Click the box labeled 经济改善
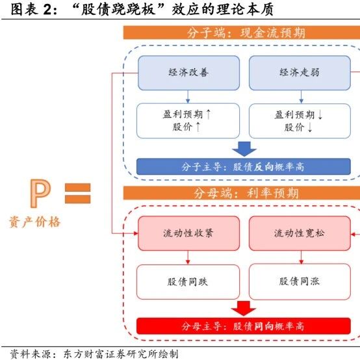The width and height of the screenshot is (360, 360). pos(188,73)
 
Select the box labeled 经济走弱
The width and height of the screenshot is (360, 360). pos(300,73)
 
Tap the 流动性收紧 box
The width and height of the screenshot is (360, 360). pos(188,233)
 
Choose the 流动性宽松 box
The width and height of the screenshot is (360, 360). pos(300,233)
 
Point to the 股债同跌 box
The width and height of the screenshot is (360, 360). pos(188,282)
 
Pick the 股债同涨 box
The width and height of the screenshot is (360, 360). pos(300,282)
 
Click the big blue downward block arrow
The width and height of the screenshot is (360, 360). pos(244,149)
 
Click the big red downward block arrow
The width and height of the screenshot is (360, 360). pos(244,309)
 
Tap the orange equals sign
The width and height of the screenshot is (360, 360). pos(77,193)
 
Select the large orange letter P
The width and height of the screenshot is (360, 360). pos(40,193)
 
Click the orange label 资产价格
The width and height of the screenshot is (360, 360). pos(34,222)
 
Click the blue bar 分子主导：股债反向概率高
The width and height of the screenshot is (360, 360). pos(244,167)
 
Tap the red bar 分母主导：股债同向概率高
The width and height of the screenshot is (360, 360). pos(244,326)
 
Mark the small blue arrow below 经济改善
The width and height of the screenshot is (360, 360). pos(188,97)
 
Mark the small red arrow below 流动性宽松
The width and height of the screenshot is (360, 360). pos(302,257)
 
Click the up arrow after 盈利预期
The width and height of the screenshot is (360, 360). pos(208,114)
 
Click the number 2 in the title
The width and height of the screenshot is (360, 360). pos(47,10)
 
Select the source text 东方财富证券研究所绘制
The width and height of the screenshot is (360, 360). pos(120,354)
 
